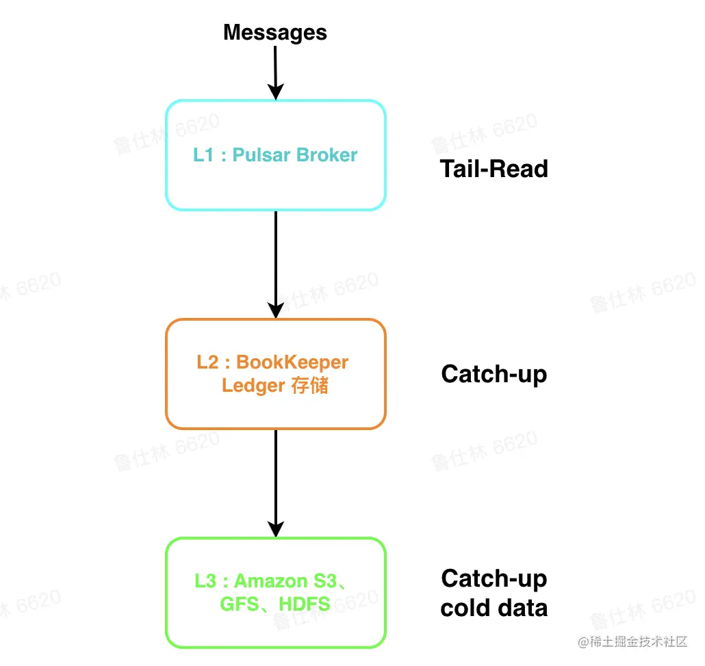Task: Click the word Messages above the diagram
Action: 275,32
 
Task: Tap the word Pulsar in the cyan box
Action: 262,155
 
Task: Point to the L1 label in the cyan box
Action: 203,155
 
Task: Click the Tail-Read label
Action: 493,169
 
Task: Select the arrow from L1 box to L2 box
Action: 275,264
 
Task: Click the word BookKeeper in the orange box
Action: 292,362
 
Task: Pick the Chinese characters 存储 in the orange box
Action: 309,386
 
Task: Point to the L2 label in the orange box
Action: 207,362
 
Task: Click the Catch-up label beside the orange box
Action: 493,374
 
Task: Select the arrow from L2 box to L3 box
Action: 275,483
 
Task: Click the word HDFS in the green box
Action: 304,604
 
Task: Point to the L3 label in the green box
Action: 205,581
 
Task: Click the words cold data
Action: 493,608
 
